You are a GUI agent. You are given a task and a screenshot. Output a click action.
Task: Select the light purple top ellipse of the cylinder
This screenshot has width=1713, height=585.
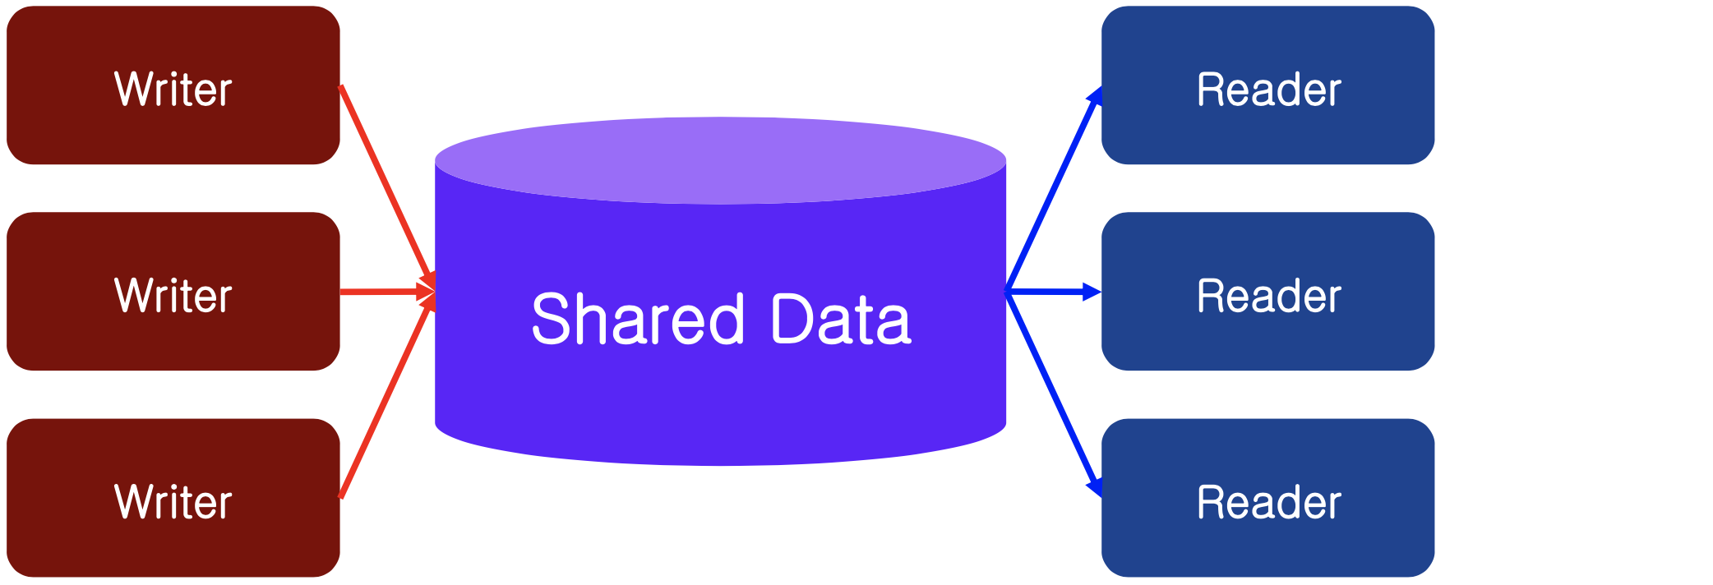[720, 159]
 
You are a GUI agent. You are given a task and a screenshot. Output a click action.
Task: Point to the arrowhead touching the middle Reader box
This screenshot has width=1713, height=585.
[1092, 292]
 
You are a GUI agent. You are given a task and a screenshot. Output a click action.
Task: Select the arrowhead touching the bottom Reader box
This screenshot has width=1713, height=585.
[1095, 487]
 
